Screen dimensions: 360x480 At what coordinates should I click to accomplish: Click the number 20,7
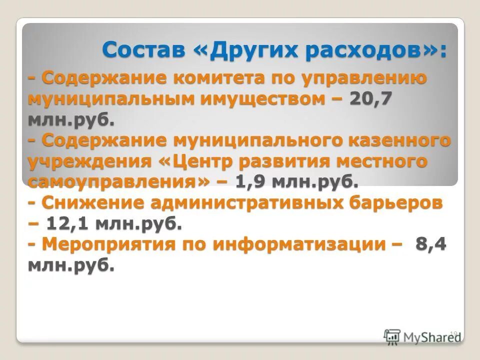click(370, 99)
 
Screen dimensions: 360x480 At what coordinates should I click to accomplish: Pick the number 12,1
click(67, 223)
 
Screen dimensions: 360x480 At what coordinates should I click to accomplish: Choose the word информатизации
click(299, 244)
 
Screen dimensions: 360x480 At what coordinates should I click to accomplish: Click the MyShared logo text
click(431, 337)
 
